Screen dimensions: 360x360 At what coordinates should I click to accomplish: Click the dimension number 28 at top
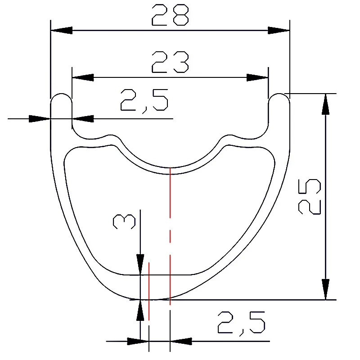click(x=170, y=15)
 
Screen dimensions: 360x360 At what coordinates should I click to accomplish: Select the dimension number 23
click(x=170, y=62)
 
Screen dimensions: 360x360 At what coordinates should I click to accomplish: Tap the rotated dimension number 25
click(x=309, y=196)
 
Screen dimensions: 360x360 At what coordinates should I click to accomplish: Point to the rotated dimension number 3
click(x=125, y=222)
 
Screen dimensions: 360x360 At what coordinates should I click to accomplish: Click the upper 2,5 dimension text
click(x=144, y=100)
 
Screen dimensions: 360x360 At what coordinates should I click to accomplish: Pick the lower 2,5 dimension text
click(x=241, y=322)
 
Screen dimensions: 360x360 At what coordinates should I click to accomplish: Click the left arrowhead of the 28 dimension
click(x=61, y=30)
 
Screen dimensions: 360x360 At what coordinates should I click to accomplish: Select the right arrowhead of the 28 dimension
click(x=279, y=30)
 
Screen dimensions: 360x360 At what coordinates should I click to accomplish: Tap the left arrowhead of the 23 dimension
click(x=83, y=77)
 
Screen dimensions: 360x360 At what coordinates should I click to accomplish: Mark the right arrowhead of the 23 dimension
click(x=257, y=77)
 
